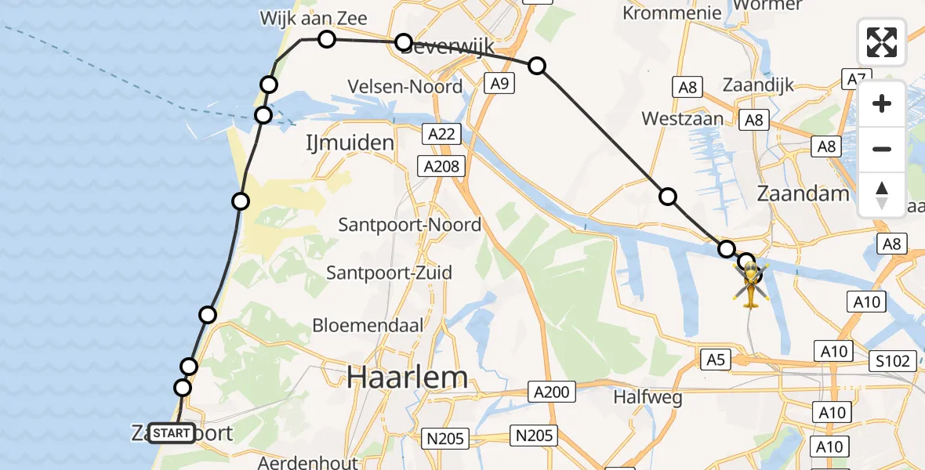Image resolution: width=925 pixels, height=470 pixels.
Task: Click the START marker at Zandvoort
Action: coord(172,433)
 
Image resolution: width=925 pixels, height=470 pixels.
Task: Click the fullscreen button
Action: coord(882,42)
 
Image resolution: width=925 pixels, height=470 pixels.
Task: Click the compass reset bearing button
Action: coord(882,195)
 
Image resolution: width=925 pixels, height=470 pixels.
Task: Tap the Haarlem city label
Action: coord(408,378)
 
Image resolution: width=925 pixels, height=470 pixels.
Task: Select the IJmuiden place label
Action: coord(349,143)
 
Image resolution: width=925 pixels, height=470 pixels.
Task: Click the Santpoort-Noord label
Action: coord(410,225)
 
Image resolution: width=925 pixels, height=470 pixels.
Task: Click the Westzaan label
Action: coord(680,119)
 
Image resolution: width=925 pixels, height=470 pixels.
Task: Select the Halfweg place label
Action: coord(647,397)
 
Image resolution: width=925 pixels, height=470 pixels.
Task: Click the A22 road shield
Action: coord(441,135)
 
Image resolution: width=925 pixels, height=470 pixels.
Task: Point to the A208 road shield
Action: coord(441,166)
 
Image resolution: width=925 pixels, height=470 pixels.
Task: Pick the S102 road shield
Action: coord(893,361)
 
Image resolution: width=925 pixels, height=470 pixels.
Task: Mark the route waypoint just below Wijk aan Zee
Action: coord(327,39)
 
